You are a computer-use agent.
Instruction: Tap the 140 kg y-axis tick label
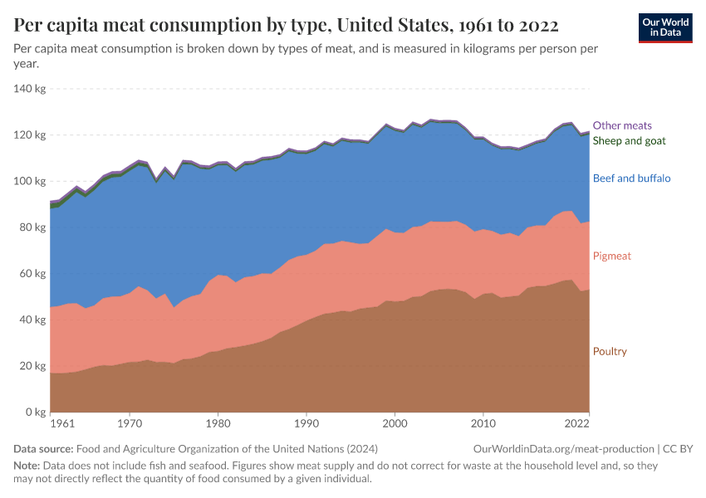click(x=30, y=89)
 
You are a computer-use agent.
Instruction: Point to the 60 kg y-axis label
click(x=33, y=274)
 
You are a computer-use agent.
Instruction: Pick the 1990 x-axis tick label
click(x=306, y=424)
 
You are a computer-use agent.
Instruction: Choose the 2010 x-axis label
click(x=484, y=424)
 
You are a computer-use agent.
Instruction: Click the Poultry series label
click(x=610, y=352)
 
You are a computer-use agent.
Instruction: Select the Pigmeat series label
click(x=612, y=256)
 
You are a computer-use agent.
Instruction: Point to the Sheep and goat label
click(x=630, y=141)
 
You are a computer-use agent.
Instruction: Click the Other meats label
click(x=622, y=126)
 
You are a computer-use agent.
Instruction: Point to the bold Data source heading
click(x=44, y=449)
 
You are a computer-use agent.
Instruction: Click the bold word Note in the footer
click(x=27, y=466)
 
